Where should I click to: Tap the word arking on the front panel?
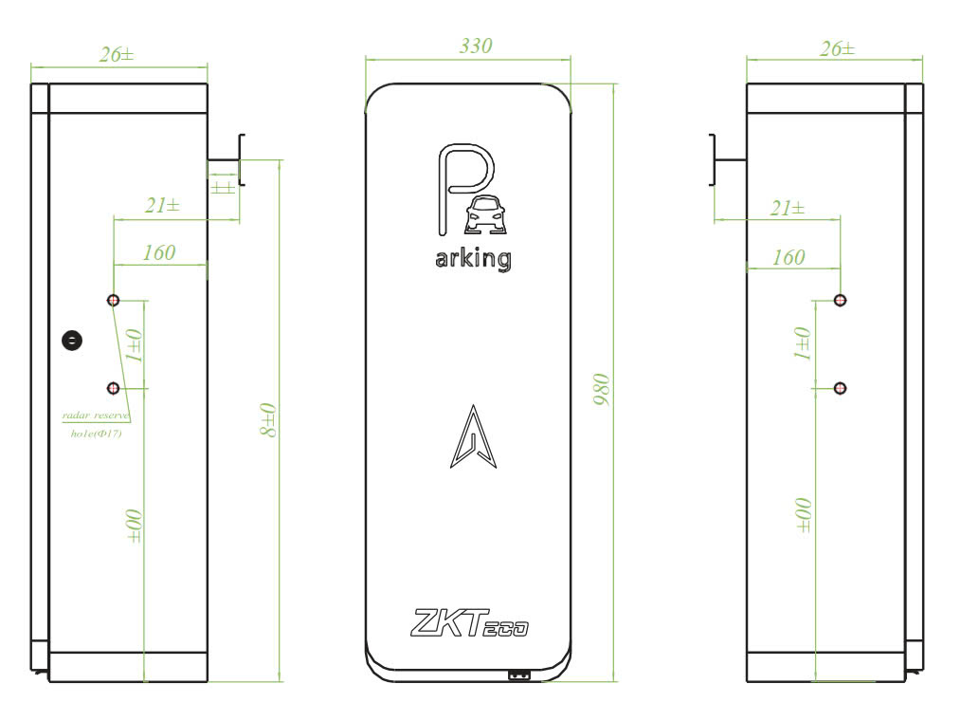[474, 258]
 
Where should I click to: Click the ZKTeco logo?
[469, 623]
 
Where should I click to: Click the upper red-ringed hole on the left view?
[114, 300]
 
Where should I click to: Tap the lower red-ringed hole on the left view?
[114, 388]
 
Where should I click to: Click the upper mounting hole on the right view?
[840, 300]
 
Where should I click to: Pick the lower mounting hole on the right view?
[840, 388]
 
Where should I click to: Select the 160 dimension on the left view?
[158, 253]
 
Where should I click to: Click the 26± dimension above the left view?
[118, 54]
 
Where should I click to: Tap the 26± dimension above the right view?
[835, 49]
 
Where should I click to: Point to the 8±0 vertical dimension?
[269, 420]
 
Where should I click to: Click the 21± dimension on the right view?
[787, 209]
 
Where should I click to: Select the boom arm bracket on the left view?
[231, 158]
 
